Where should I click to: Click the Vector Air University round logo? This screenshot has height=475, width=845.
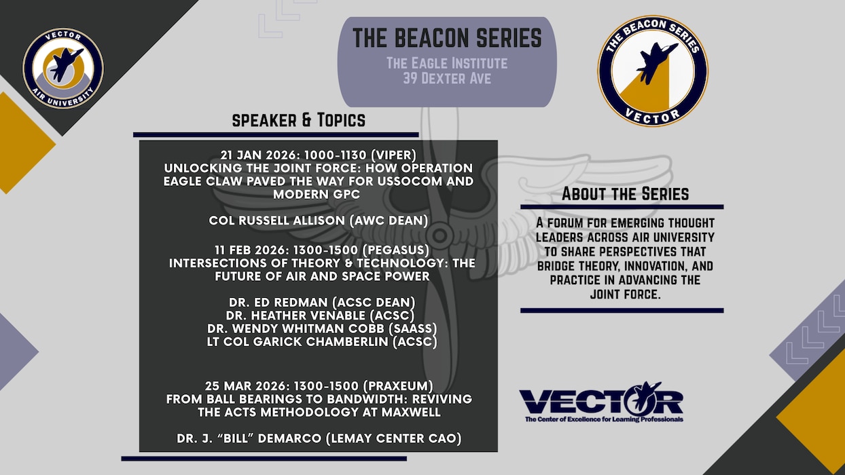click(63, 69)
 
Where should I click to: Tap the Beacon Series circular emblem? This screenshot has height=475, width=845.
click(653, 71)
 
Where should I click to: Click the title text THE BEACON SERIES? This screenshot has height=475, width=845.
click(447, 39)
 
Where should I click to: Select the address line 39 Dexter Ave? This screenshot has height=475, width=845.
click(447, 79)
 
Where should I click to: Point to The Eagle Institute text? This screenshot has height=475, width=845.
click(447, 63)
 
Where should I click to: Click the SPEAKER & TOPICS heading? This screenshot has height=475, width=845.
click(299, 121)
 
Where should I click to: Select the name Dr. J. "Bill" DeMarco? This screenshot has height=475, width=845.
click(319, 438)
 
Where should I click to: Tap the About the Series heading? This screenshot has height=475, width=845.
click(625, 194)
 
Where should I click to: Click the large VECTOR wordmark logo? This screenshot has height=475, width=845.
click(601, 402)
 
